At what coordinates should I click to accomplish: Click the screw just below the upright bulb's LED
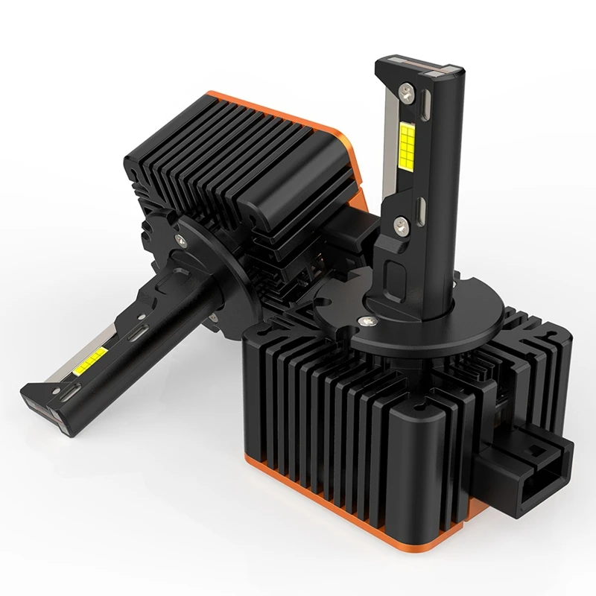pos(403,221)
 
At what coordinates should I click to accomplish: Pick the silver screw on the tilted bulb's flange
pos(180,238)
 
